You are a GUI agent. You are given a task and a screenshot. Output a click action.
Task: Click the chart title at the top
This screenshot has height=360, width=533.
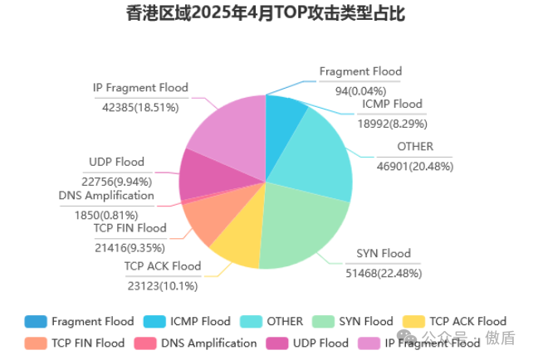266,14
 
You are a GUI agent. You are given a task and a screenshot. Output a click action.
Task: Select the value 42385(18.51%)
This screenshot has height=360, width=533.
141,107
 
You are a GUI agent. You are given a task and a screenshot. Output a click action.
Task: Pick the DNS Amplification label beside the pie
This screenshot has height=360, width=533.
106,196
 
